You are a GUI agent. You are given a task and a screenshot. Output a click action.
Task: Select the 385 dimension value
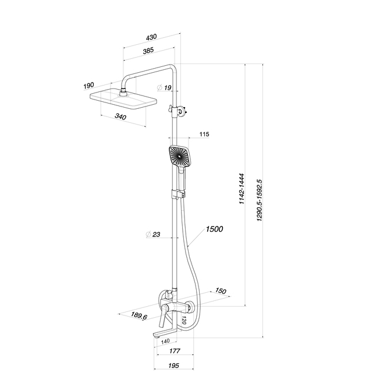click(148, 51)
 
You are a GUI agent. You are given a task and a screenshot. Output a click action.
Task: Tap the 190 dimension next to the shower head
click(88, 86)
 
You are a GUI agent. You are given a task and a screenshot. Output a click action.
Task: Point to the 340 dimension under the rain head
click(120, 116)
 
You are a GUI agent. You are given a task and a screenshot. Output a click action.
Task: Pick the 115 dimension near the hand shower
click(204, 134)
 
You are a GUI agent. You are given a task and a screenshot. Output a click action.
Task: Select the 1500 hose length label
click(214, 229)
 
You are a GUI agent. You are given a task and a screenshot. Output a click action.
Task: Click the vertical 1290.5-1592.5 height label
click(261, 198)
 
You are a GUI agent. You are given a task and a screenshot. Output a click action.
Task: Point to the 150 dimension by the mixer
click(220, 291)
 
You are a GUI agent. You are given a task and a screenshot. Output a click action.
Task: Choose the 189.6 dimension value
click(139, 316)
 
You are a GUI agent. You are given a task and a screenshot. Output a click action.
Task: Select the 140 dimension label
click(165, 341)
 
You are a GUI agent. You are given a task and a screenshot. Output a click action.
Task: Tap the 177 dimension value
click(173, 351)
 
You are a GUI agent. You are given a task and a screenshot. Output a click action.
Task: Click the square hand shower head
click(179, 156)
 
